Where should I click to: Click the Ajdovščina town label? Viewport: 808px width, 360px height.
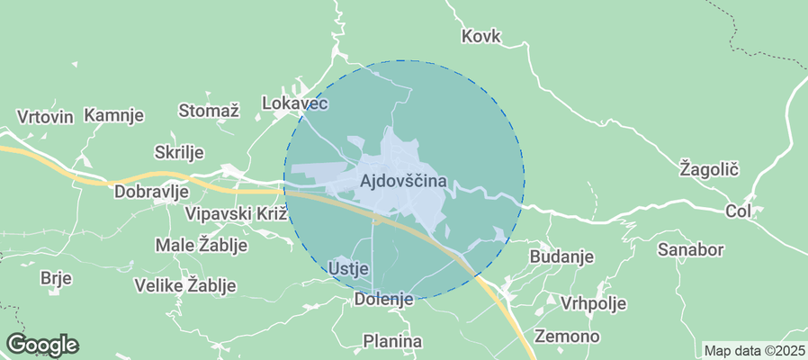[403, 181]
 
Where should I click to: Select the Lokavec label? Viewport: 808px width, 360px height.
[294, 103]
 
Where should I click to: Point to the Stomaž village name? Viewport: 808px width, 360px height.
[209, 111]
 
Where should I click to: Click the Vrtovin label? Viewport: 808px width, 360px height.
[44, 117]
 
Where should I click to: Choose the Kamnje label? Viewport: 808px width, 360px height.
[114, 115]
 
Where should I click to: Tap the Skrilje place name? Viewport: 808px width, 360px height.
[180, 151]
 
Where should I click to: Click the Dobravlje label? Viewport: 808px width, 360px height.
[151, 191]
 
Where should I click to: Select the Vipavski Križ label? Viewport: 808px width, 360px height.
[235, 214]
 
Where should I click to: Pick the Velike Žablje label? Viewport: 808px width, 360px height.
[184, 285]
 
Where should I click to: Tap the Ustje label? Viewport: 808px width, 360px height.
[349, 268]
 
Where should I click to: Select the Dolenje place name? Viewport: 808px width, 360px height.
[383, 299]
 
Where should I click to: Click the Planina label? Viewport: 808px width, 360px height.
[392, 341]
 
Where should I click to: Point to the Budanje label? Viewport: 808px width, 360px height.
[562, 256]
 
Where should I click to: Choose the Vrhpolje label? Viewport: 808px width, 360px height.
[593, 302]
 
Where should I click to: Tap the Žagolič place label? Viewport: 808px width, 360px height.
[709, 168]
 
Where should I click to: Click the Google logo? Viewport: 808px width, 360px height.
[42, 344]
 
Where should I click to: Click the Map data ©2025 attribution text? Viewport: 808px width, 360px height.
[754, 350]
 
